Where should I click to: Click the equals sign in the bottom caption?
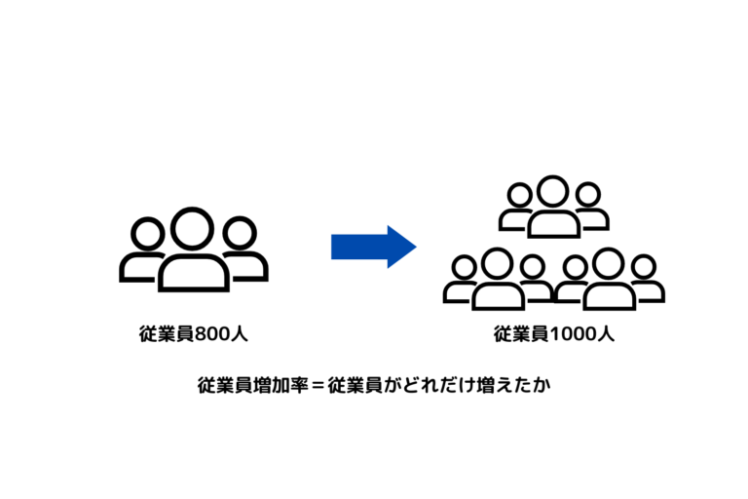(x=315, y=385)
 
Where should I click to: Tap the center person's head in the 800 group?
(x=193, y=229)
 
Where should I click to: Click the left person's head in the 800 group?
(x=147, y=235)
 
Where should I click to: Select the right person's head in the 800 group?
(x=239, y=234)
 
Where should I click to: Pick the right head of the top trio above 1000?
(x=586, y=195)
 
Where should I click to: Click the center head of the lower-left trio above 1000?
(x=498, y=263)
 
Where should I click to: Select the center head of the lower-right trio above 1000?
(x=609, y=263)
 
